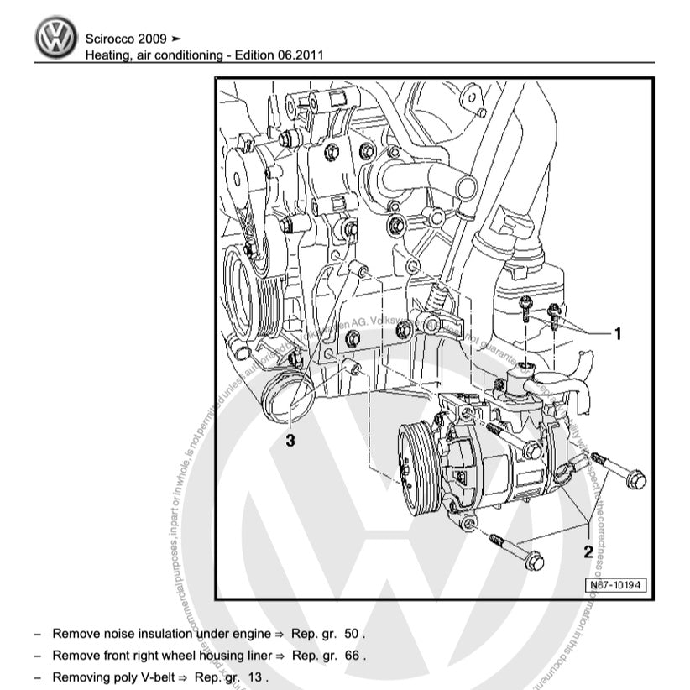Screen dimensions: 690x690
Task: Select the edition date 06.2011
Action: tap(301, 55)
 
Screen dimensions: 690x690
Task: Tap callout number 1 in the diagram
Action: tap(618, 334)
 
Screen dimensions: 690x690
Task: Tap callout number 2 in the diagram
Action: tap(588, 551)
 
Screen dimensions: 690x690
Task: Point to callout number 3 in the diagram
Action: tap(290, 439)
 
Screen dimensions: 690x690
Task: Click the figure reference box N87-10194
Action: tap(616, 584)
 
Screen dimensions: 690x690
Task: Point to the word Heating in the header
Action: tap(107, 55)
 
